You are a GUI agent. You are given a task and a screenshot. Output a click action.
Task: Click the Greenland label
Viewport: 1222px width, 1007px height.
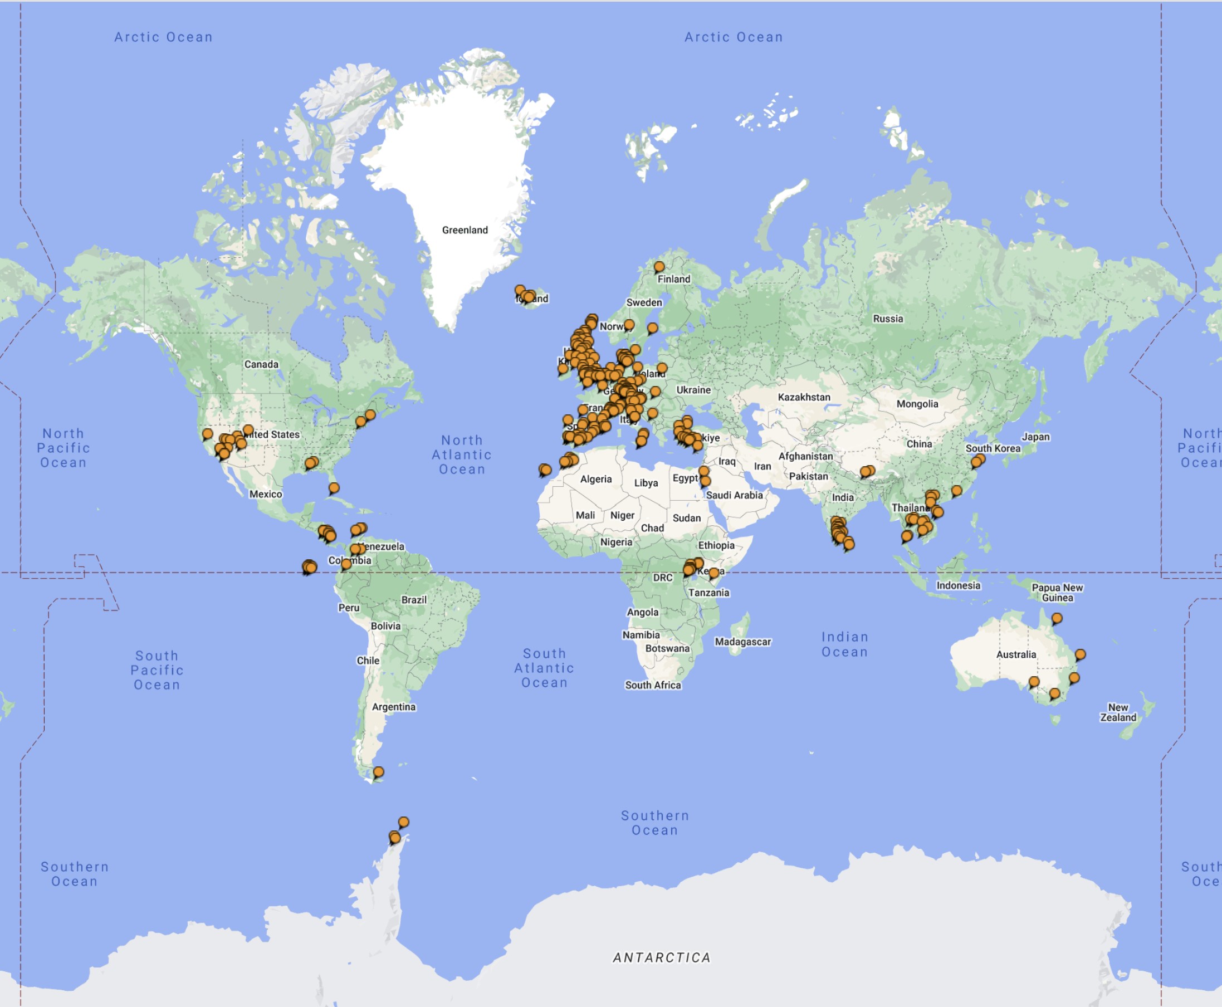(x=465, y=230)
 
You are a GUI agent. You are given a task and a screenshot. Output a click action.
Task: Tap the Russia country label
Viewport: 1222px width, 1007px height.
(x=887, y=319)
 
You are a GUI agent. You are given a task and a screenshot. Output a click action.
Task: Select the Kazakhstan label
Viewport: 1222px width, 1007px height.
(x=803, y=397)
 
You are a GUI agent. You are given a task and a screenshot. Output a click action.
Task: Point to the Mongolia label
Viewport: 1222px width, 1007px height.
(x=916, y=404)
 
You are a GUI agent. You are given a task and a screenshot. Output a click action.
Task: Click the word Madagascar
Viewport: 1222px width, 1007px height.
(x=742, y=642)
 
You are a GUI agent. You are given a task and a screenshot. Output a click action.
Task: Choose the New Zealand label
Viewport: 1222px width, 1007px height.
(x=1118, y=712)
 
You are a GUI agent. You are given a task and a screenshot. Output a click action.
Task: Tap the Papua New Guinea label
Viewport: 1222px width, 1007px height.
(x=1057, y=592)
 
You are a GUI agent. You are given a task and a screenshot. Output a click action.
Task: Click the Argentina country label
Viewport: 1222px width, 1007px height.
(x=393, y=707)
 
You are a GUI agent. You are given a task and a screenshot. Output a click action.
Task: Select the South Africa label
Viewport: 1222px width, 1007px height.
(x=652, y=685)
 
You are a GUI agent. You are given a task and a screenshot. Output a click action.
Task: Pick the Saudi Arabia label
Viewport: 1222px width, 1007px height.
(x=734, y=495)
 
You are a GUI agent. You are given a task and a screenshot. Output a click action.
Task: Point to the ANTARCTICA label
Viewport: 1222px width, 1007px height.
(x=661, y=957)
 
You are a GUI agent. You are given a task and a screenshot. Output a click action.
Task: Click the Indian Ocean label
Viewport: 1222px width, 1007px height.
(x=844, y=644)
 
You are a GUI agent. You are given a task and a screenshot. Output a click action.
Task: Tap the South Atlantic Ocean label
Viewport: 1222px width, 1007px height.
(x=544, y=668)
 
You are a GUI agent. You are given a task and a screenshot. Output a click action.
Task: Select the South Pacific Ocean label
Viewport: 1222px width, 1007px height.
(x=157, y=670)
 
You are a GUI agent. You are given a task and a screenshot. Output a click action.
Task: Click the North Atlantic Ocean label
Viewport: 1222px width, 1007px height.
(x=462, y=455)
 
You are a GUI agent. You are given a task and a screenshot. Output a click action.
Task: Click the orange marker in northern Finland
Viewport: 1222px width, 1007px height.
(x=659, y=267)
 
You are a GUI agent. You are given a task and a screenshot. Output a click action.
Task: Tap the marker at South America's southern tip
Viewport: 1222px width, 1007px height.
(x=378, y=772)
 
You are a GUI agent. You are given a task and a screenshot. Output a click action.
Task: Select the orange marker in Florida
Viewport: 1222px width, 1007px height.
(x=334, y=488)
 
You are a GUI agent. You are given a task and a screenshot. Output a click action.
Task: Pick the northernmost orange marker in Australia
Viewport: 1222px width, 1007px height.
(x=1057, y=618)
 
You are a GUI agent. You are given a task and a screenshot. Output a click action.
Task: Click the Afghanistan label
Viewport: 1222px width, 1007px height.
(x=805, y=457)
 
